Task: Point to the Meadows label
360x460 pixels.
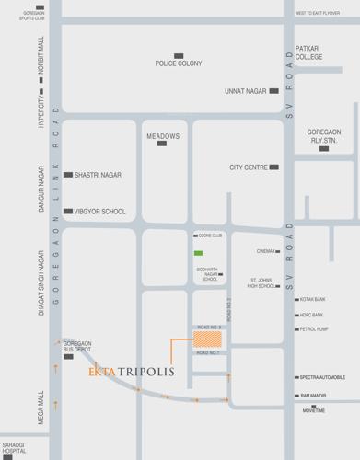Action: click(163, 136)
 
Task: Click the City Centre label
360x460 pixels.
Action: click(248, 167)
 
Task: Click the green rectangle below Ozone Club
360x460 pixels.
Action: click(198, 252)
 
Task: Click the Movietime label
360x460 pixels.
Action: click(313, 410)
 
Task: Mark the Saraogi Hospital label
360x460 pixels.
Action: click(14, 449)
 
